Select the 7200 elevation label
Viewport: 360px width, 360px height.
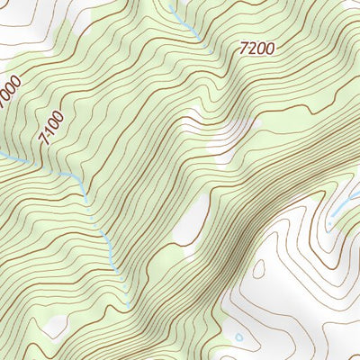pyautogui.click(x=256, y=50)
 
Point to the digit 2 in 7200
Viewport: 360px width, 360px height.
pyautogui.click(x=251, y=50)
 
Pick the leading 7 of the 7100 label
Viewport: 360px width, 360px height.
pyautogui.click(x=44, y=142)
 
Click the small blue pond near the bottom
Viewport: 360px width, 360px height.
pyautogui.click(x=238, y=338)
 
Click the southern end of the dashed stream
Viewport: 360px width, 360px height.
pyautogui.click(x=115, y=270)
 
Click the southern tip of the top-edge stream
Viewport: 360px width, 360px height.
pyautogui.click(x=200, y=39)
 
